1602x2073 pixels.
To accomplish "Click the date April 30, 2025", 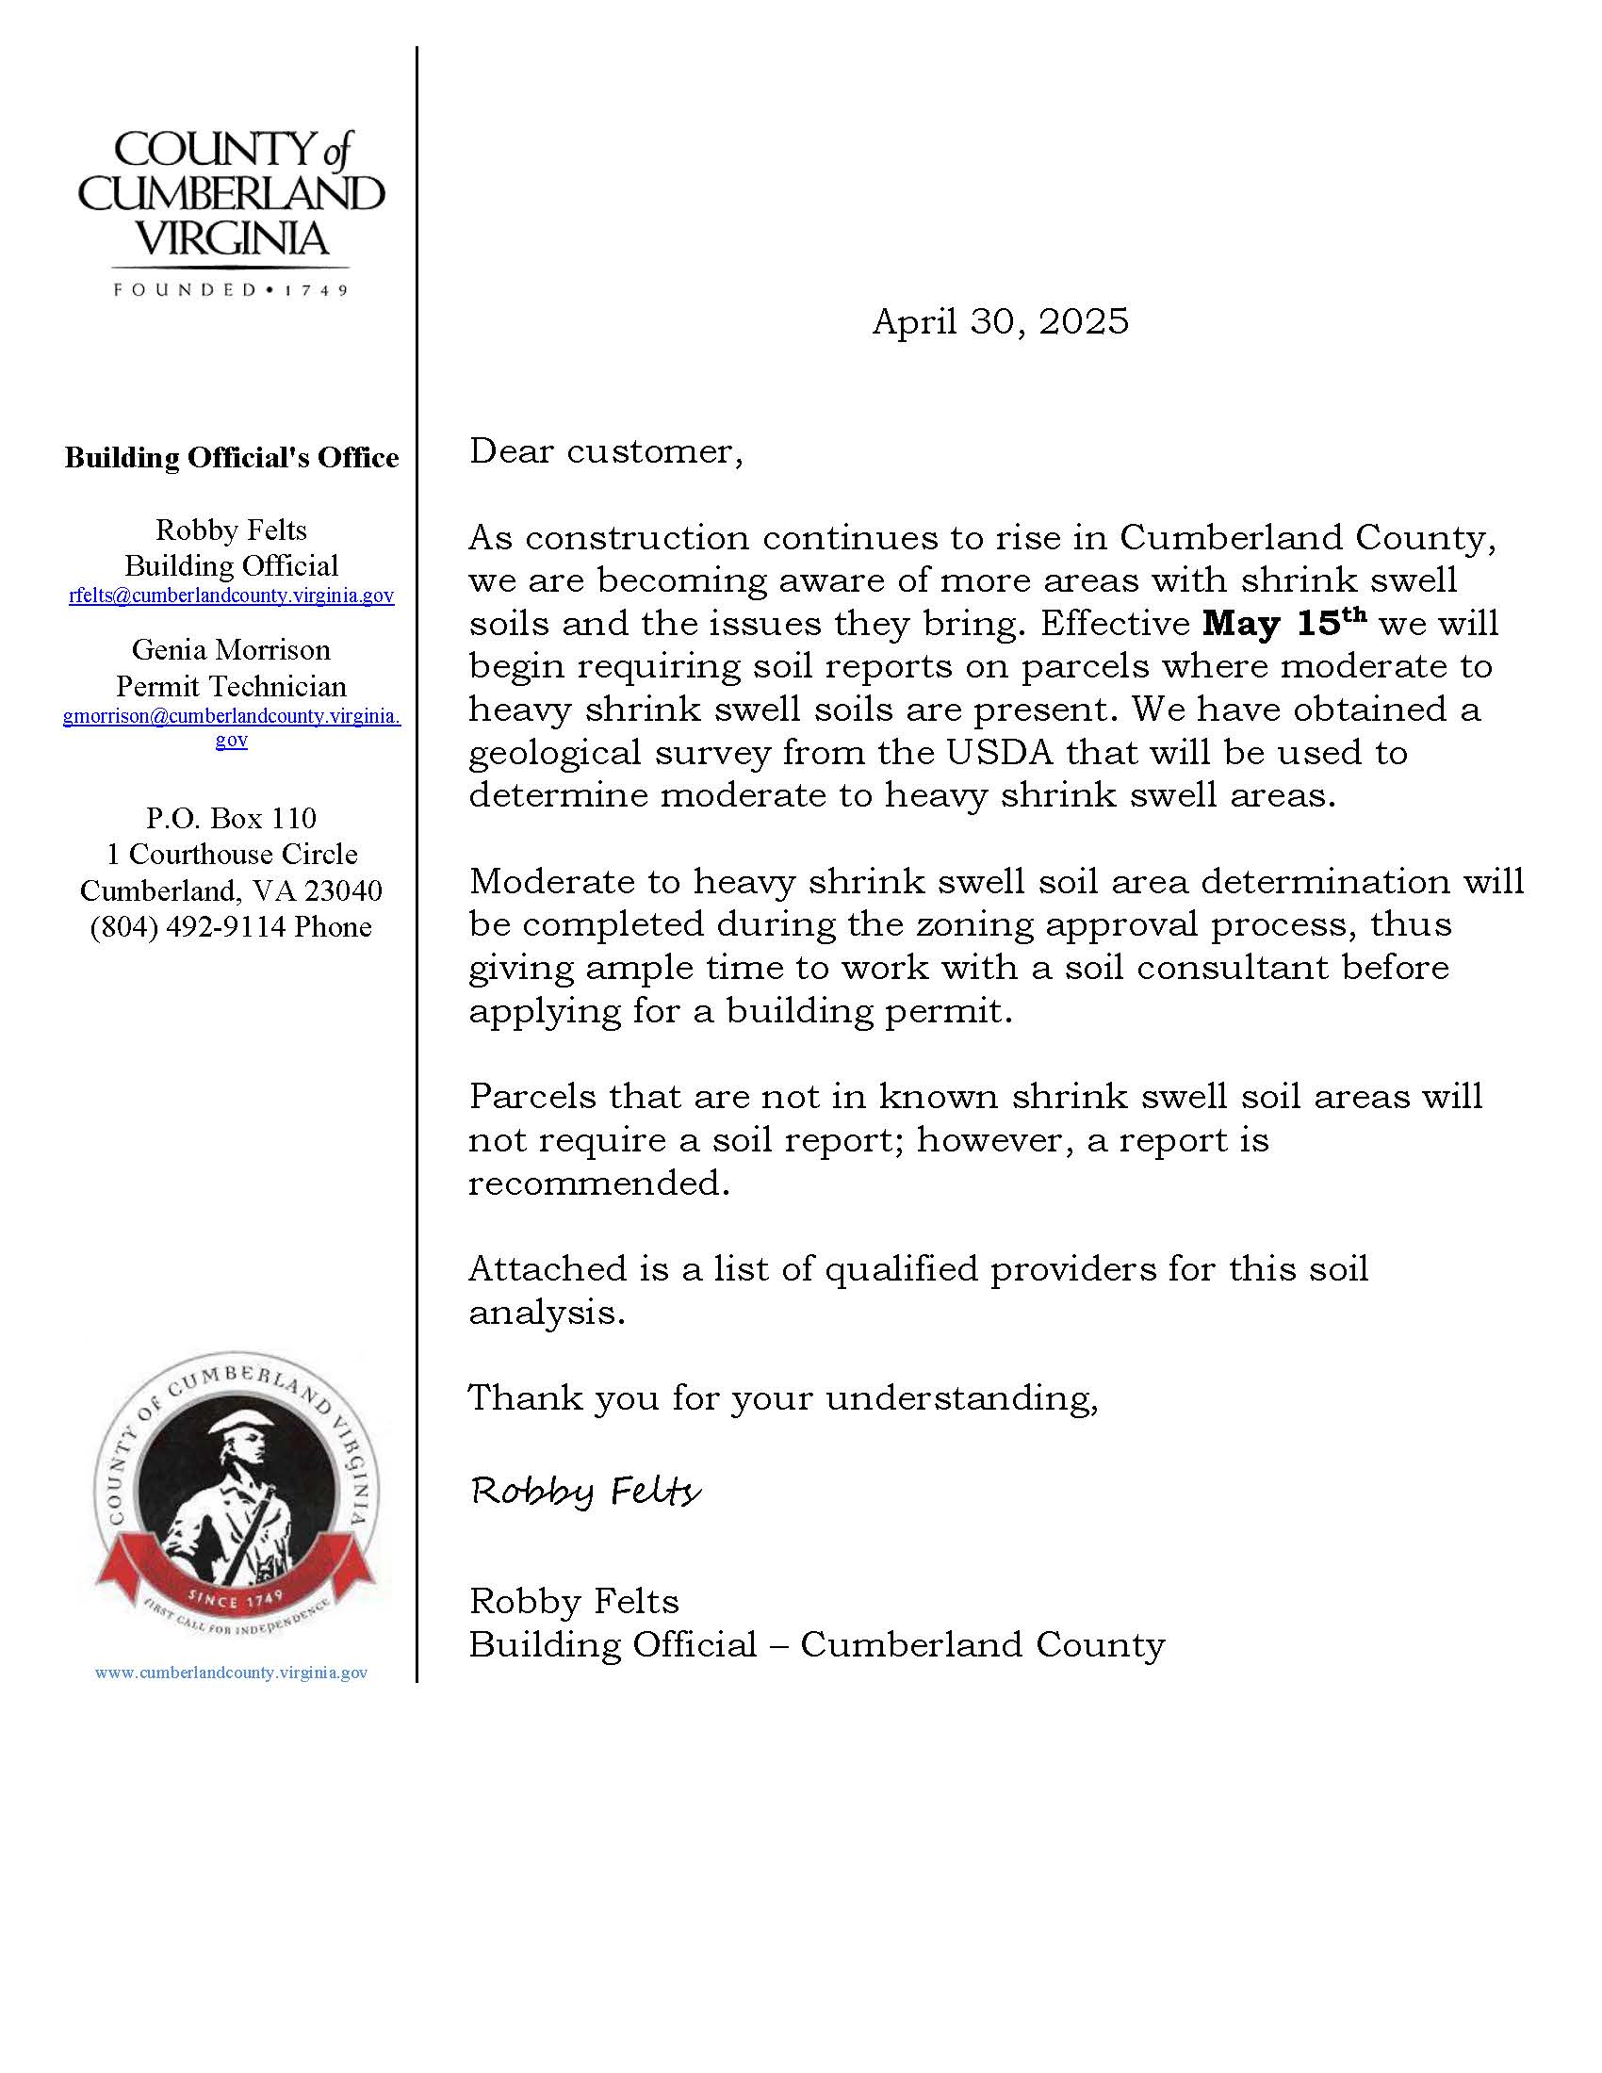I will click(1000, 321).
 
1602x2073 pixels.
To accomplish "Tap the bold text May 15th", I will click(1284, 623).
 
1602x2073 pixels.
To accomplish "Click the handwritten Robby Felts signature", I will click(585, 1492).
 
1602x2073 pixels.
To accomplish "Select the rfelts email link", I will click(232, 596).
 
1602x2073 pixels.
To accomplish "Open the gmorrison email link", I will click(232, 717).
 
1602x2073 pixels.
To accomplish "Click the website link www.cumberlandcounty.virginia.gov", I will click(232, 1673).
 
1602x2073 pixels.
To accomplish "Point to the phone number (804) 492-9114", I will click(189, 926).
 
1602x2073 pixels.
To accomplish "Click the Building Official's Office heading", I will click(232, 459).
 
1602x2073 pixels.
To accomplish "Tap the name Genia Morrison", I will click(232, 650).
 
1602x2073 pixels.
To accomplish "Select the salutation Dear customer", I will click(606, 451).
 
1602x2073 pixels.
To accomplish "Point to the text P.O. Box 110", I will click(232, 818).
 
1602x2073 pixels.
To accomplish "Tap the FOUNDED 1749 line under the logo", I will click(232, 290).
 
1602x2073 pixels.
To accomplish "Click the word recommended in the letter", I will click(598, 1183).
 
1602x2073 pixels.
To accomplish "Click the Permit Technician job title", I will click(232, 686).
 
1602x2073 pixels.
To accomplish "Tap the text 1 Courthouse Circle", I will click(232, 855).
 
